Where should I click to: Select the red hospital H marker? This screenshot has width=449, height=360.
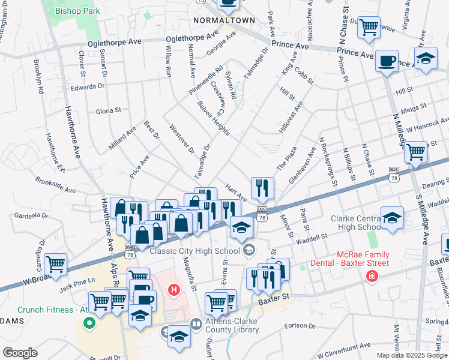(174, 290)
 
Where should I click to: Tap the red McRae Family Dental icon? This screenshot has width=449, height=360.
(372, 276)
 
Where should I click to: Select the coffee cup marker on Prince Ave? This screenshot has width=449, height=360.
(387, 61)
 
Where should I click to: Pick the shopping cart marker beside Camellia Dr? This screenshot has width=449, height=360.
(55, 263)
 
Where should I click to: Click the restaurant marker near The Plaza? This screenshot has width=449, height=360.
(262, 188)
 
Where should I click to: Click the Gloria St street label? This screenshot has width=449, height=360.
(109, 110)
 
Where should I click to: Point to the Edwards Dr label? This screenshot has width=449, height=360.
(88, 86)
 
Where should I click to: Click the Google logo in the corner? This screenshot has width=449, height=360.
(20, 353)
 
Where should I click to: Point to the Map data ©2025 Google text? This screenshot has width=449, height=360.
(411, 355)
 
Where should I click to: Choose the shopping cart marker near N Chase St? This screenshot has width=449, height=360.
(368, 26)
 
